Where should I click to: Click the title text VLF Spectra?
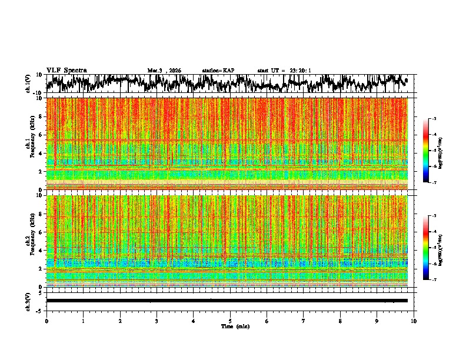66,71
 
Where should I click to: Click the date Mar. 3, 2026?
164,71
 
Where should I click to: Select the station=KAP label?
218,71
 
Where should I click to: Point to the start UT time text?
284,71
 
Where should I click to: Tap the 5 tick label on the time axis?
230,321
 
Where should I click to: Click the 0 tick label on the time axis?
46,321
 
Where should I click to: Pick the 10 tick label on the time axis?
414,321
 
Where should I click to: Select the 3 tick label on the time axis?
157,321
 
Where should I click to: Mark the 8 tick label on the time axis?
340,321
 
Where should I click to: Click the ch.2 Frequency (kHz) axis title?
29,241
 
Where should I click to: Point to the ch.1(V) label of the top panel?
28,84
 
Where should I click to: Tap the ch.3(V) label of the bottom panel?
28,300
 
